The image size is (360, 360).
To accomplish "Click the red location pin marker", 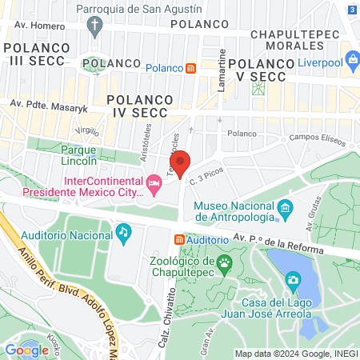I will [x=181, y=163].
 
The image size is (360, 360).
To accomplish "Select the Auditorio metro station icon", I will [x=179, y=239].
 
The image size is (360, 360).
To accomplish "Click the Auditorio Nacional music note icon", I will [x=122, y=233].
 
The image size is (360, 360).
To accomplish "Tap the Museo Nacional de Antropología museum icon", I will [x=285, y=210].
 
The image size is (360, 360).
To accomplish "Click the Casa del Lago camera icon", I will [x=293, y=280].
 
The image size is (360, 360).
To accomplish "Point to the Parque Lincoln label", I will [x=78, y=154].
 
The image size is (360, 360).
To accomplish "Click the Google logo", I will [x=26, y=349].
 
